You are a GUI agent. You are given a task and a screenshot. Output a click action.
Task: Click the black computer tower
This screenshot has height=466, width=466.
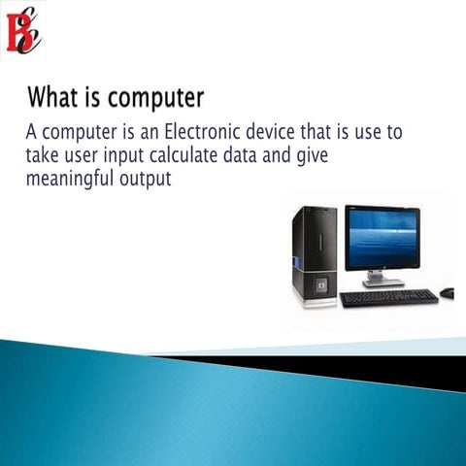click(x=315, y=254)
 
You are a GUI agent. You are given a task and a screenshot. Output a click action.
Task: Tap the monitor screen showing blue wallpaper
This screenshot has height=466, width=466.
click(x=383, y=238)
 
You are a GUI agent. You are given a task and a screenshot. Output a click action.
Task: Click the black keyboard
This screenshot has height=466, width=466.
click(x=388, y=296)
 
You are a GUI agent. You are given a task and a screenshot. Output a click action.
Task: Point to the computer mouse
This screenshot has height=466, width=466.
click(x=447, y=291)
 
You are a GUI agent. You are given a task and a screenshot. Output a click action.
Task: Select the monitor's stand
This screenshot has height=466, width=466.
click(x=383, y=279)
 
